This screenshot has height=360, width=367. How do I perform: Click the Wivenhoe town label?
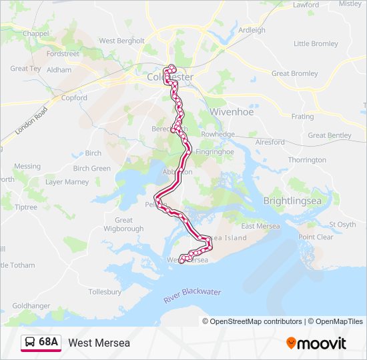pyautogui.click(x=232, y=112)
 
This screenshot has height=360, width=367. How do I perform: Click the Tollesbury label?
pyautogui.click(x=105, y=292)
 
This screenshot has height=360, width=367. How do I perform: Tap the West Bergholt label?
pyautogui.click(x=121, y=41)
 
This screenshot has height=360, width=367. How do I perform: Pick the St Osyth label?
pyautogui.click(x=343, y=224)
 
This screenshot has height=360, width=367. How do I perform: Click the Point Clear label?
pyautogui.click(x=316, y=237)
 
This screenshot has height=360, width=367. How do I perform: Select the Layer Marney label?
pyautogui.click(x=67, y=182)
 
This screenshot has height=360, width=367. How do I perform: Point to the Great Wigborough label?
pyautogui.click(x=124, y=225)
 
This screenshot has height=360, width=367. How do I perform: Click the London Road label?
pyautogui.click(x=31, y=122)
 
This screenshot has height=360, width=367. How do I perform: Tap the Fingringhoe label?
pyautogui.click(x=210, y=151)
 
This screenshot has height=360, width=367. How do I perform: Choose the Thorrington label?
pyautogui.click(x=307, y=160)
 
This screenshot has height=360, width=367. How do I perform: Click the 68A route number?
pyautogui.click(x=49, y=342)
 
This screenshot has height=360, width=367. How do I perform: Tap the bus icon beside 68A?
pyautogui.click(x=29, y=342)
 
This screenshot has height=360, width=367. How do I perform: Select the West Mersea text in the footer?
pyautogui.click(x=99, y=343)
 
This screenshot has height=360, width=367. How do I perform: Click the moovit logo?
pyautogui.click(x=316, y=343)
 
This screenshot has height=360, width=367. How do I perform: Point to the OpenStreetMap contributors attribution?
pyautogui.click(x=252, y=321)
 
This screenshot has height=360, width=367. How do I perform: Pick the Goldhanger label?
pyautogui.click(x=31, y=305)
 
